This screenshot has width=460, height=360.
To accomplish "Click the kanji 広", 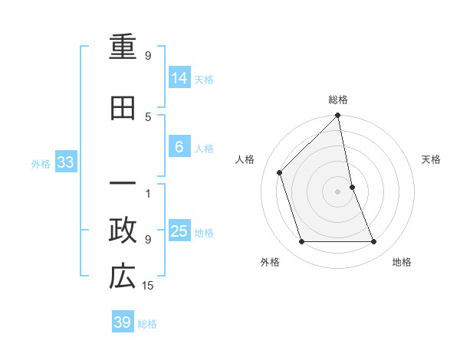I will click(123, 277).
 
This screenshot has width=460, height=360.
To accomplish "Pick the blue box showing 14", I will click(179, 77).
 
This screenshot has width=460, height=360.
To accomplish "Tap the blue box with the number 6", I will click(179, 147).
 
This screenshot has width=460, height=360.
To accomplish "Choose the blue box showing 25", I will click(179, 231).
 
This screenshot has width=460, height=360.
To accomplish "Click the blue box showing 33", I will click(66, 162).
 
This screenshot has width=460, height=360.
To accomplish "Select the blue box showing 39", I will click(123, 322).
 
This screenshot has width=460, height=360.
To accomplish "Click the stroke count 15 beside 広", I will click(149, 286).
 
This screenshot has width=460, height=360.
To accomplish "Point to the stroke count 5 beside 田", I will click(148, 116).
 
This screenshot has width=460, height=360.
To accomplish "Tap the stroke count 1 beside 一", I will click(148, 193).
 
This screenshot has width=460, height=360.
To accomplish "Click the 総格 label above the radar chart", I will click(338, 100).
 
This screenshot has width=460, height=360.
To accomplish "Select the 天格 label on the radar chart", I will click(432, 159).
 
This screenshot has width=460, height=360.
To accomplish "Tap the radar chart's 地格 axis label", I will click(402, 263).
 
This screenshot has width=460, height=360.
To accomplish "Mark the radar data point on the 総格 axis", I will click(338, 116).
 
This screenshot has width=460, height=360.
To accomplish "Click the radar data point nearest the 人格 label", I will click(280, 172).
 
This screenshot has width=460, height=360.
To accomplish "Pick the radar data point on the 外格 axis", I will click(301, 242).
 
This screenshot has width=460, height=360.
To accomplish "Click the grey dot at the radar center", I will click(338, 191).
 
